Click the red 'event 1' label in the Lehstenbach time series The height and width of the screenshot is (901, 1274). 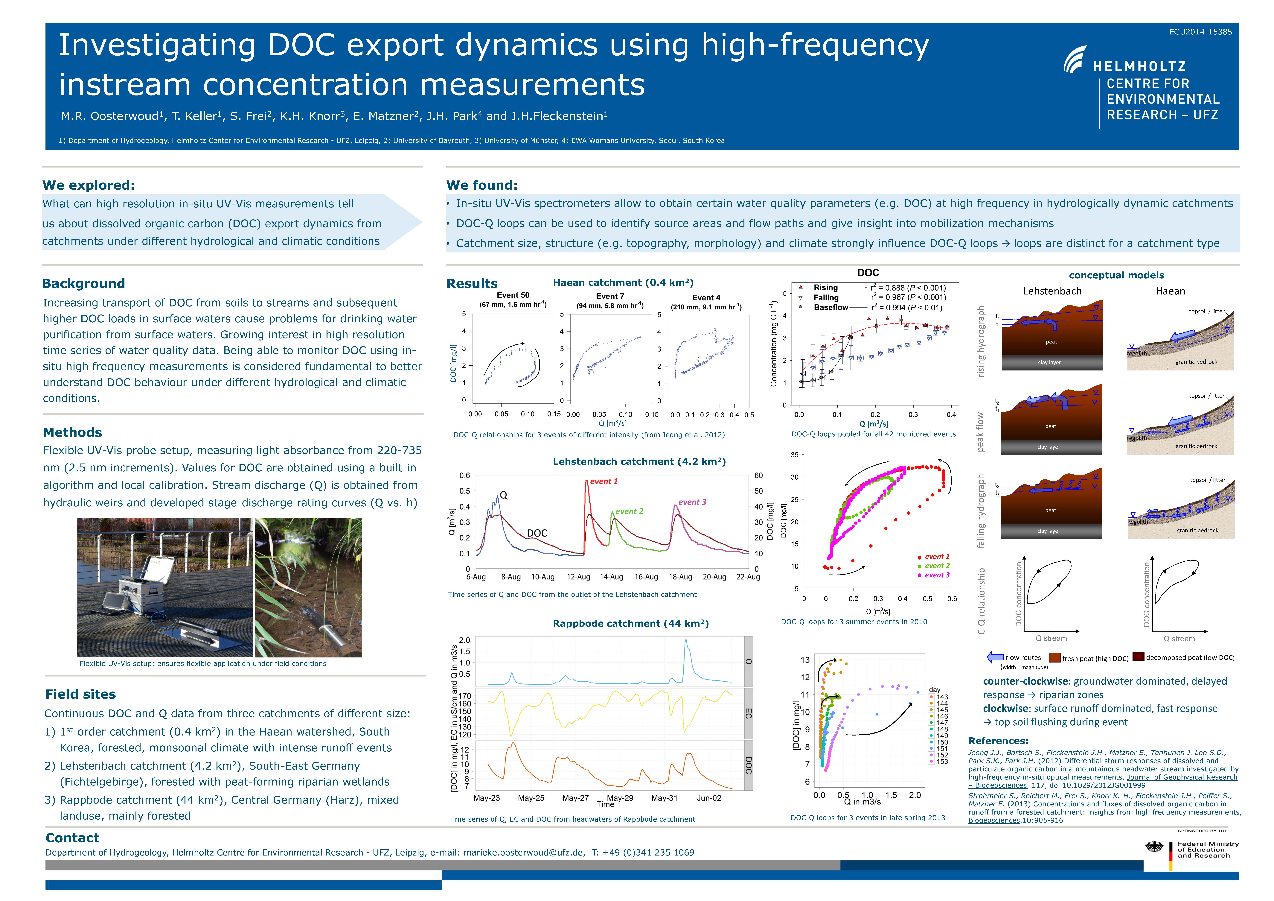[x=604, y=481]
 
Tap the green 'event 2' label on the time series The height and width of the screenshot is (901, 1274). [x=629, y=511]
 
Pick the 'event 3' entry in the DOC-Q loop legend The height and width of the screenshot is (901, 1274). [x=937, y=575]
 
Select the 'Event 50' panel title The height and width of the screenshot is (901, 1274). [x=513, y=295]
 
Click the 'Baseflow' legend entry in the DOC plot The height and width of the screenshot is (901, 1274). [x=831, y=308]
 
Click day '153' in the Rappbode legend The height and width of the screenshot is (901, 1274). [x=942, y=762]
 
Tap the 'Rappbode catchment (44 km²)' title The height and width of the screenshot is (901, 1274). [x=630, y=623]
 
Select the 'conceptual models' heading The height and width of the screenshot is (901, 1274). [x=1116, y=275]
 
